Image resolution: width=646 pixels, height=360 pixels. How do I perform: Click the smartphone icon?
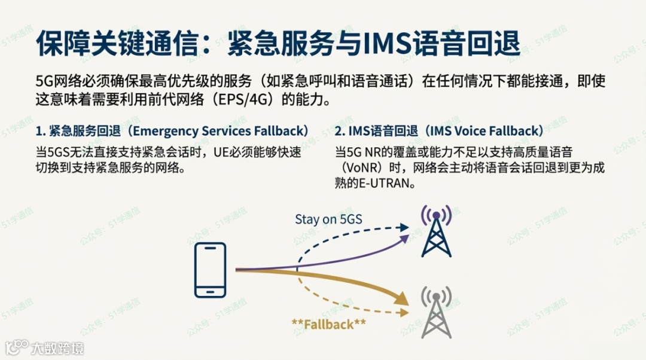coord(211,270)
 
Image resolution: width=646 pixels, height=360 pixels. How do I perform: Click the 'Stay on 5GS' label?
coord(328,219)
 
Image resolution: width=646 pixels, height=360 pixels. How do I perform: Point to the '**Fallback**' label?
coord(328,325)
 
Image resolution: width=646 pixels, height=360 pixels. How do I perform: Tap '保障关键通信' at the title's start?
coord(113,43)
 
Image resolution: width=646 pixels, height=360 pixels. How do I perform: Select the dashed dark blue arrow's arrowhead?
coord(404,227)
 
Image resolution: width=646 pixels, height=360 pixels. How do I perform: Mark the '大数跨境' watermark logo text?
coord(57,347)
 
